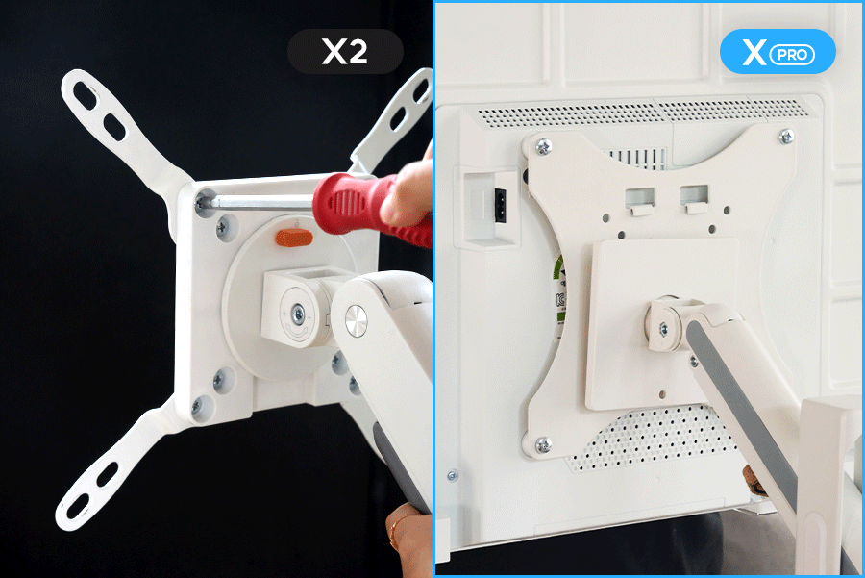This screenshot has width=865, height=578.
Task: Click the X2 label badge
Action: point(345,51)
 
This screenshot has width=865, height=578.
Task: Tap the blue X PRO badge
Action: point(778,51)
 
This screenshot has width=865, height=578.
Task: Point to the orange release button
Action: point(294,238)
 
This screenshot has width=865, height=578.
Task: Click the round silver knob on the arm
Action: point(356,321)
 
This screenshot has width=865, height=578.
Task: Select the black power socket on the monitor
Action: point(501,206)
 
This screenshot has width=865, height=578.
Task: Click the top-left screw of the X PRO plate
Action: point(543,147)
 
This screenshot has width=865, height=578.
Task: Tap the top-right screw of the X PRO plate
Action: point(786,136)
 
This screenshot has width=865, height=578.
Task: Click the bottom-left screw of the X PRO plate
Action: point(543,445)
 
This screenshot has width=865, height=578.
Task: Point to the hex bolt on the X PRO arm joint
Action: point(663,329)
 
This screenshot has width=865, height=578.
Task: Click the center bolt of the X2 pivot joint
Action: point(297,315)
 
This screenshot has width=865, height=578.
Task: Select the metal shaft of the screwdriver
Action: point(260,202)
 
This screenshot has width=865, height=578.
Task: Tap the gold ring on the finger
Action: point(393,533)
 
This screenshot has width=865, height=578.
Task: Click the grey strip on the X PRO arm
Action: point(740,415)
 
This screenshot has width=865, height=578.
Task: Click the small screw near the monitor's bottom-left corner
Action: point(453,475)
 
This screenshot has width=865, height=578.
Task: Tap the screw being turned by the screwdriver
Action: point(201,204)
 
